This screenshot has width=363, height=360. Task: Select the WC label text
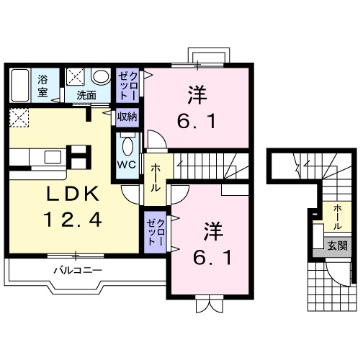click(x=127, y=163)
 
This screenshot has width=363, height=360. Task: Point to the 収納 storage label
click(x=127, y=116)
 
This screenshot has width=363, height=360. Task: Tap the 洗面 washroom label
click(x=87, y=94)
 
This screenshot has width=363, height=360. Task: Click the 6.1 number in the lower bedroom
click(x=212, y=257)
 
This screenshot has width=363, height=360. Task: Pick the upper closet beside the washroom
click(x=127, y=85)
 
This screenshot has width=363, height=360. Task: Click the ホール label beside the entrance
click(x=337, y=215)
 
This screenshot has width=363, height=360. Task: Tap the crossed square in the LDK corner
click(x=19, y=117)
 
